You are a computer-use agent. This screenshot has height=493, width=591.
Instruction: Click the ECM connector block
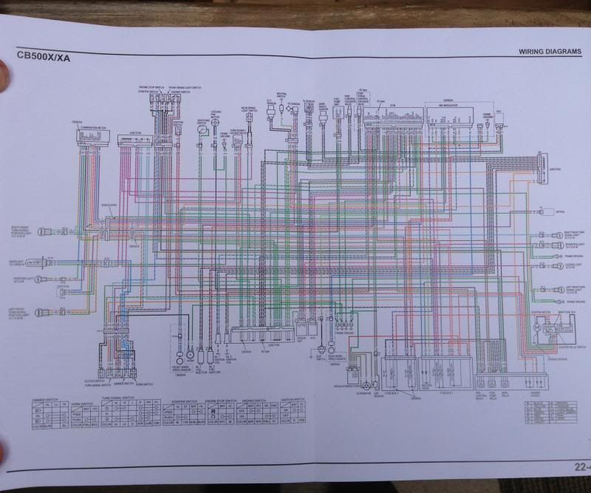[x=385, y=118]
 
